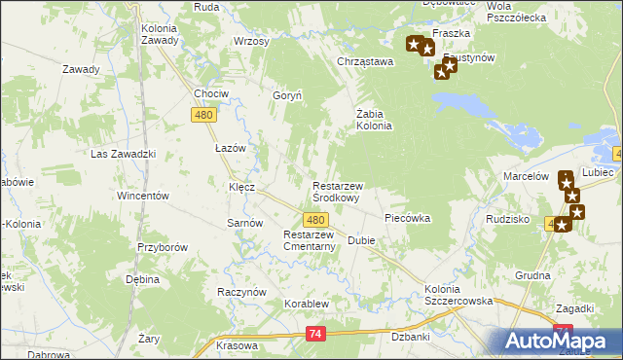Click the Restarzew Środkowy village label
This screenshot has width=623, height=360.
[336, 191]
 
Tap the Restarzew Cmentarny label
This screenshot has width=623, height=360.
[309, 240]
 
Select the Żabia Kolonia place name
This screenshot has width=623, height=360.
[373, 119]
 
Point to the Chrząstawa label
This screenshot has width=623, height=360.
[364, 62]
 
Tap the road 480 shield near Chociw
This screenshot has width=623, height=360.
[203, 115]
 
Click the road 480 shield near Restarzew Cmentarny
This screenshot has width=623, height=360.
[314, 221]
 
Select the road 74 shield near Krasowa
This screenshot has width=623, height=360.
[314, 335]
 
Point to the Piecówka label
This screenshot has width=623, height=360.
[407, 219]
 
